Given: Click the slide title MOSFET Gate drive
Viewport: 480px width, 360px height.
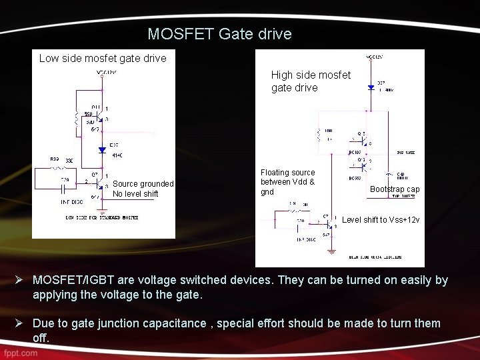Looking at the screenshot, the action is pos(219,34).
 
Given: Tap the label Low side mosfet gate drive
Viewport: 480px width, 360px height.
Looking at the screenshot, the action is pos(103,58).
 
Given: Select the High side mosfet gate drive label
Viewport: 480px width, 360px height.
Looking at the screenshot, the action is pos(310,81).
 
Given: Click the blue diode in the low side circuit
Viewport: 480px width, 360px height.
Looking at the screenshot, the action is pos(102,150).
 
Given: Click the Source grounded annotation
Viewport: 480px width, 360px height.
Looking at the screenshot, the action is pos(143,184).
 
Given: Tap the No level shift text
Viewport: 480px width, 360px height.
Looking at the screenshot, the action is pos(135,194).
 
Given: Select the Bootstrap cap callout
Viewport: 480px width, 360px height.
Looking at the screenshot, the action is pos(395,189).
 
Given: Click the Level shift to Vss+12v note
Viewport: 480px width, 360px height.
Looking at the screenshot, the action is pos(381,220).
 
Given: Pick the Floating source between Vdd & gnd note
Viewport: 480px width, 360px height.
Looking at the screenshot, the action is pos(287,182).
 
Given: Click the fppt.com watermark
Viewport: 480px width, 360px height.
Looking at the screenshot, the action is pos(19,353).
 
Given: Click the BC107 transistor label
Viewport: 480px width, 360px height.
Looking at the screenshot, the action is pos(355,152).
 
